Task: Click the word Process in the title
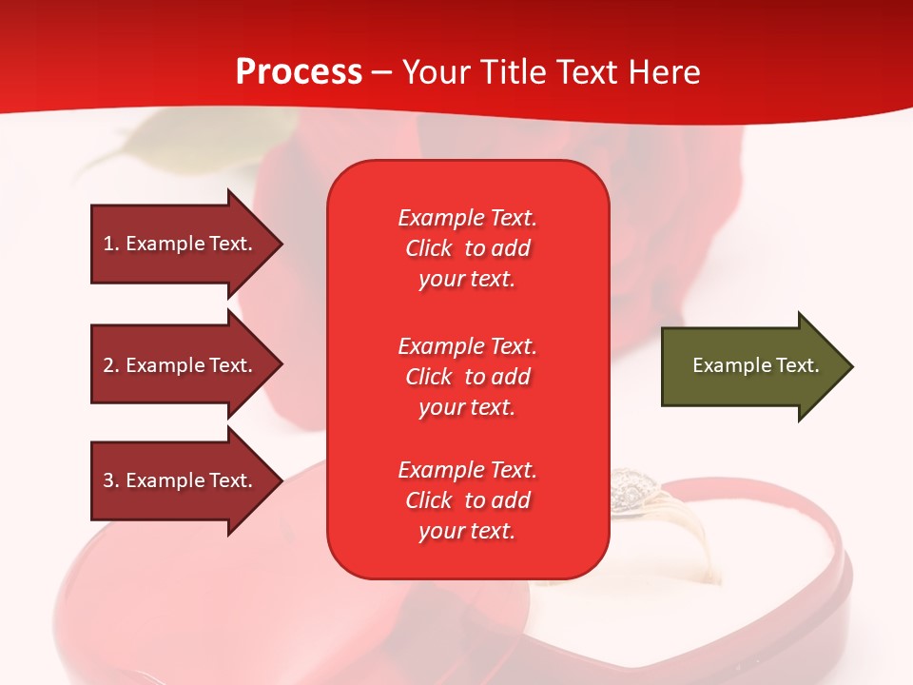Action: [299, 72]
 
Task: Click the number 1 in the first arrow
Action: [108, 244]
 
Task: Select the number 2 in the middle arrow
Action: [108, 365]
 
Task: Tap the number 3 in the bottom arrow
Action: [108, 480]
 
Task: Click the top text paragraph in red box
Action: [467, 248]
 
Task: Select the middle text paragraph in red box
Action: [467, 377]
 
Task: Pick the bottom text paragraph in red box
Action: [467, 500]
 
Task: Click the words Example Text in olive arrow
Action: [755, 365]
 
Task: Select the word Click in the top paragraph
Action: [428, 248]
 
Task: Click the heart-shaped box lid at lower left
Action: [190, 609]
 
